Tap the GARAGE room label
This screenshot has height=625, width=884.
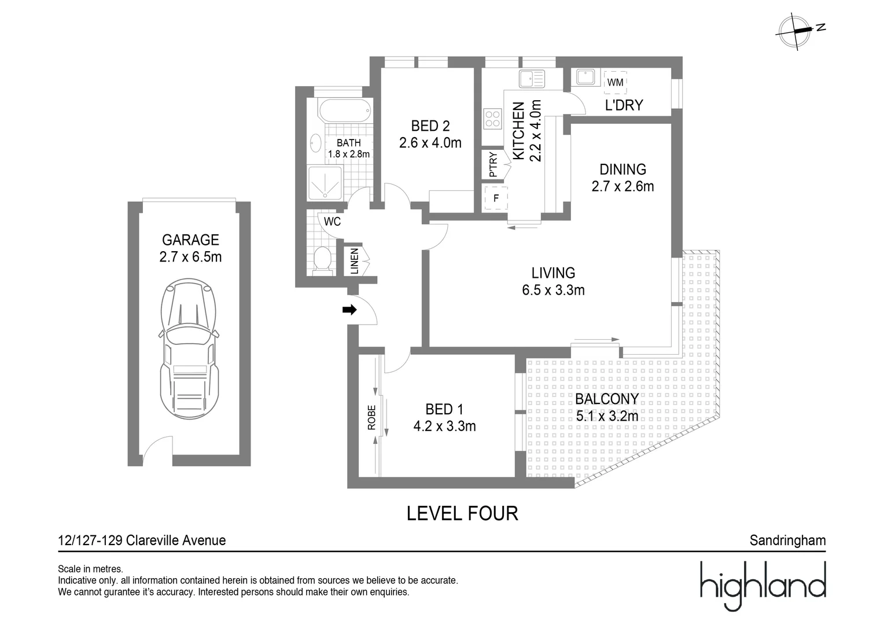click(190, 240)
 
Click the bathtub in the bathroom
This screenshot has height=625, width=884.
click(338, 110)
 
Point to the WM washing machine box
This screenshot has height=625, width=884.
click(616, 82)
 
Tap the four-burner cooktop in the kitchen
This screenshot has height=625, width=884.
click(493, 119)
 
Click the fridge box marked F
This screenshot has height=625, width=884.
click(496, 198)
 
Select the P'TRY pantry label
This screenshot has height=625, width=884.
click(493, 164)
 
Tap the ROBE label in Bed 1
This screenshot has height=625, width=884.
click(371, 417)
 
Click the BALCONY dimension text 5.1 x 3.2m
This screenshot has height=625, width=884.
click(607, 416)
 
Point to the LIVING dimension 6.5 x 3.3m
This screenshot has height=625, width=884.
click(553, 290)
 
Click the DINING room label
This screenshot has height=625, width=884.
click(623, 170)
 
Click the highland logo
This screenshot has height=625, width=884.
click(763, 584)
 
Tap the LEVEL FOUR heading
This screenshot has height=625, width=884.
click(462, 513)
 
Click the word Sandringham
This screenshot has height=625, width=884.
click(787, 541)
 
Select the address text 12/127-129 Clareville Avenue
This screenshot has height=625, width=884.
click(142, 541)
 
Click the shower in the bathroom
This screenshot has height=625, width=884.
click(325, 183)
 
